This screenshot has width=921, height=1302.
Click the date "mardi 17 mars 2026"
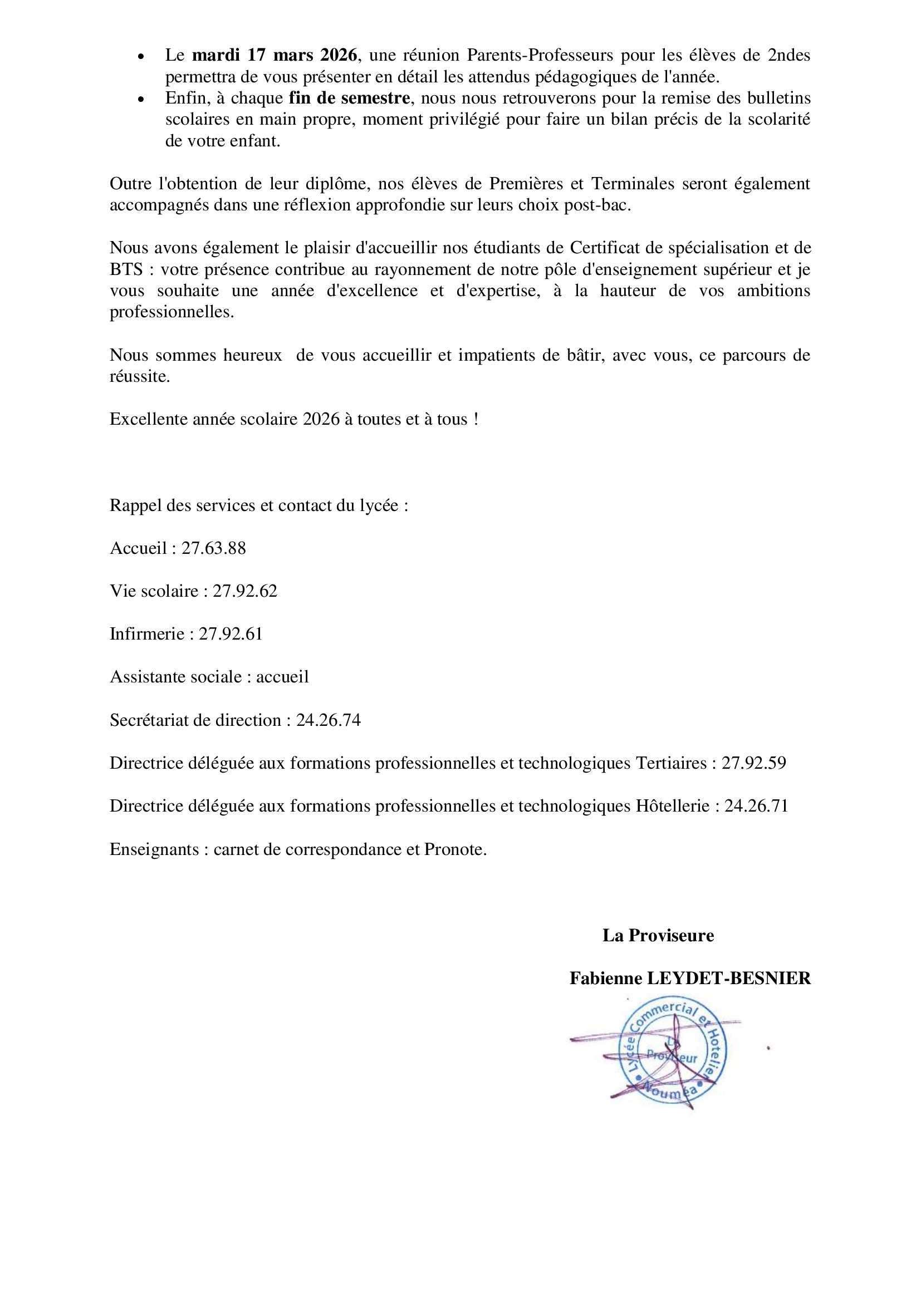point(275,56)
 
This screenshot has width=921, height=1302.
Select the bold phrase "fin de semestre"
point(349,98)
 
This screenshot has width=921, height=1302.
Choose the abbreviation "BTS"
point(126,269)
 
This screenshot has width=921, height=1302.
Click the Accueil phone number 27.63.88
point(214,548)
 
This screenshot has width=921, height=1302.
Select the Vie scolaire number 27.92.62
point(245,591)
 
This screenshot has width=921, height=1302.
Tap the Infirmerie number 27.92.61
point(231,633)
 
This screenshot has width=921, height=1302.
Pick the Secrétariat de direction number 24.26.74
point(329,720)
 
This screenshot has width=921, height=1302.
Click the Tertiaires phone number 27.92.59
point(754,763)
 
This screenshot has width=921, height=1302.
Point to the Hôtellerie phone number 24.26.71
point(757,806)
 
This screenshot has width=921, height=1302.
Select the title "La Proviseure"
point(658,935)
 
